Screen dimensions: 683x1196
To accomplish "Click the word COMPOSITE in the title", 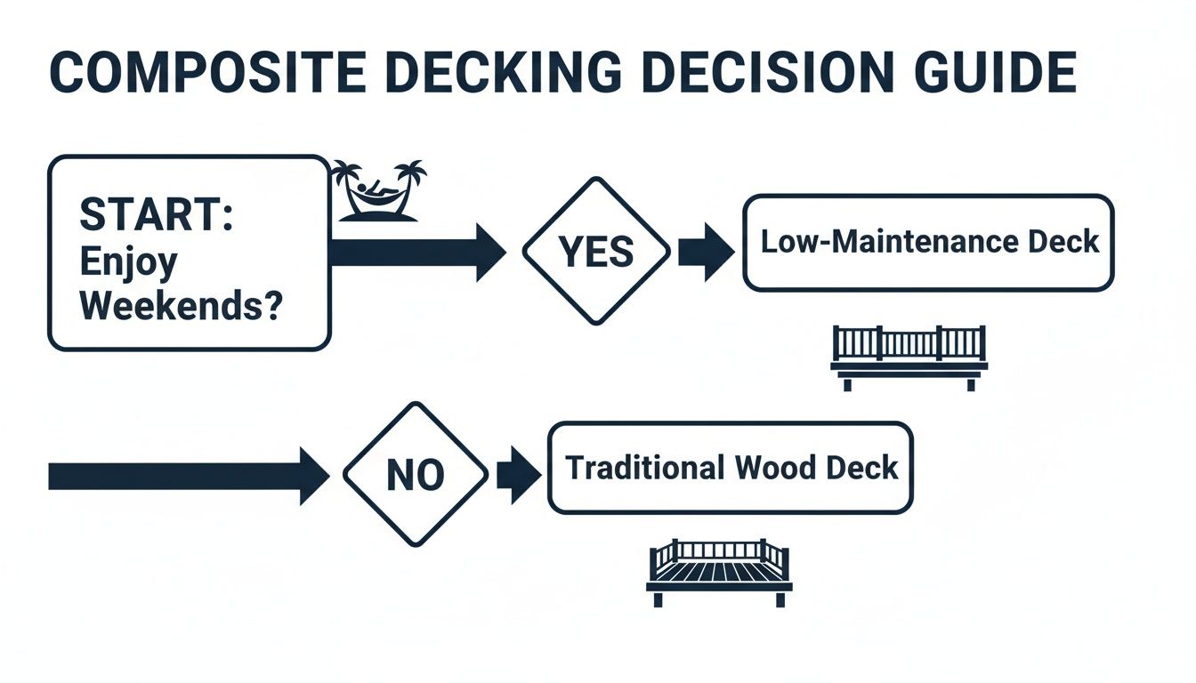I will coord(205,73).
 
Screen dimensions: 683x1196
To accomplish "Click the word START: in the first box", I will coord(157,215).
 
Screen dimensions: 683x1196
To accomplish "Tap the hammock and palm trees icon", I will coord(378,190).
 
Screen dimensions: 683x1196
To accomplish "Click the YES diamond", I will coord(595,253).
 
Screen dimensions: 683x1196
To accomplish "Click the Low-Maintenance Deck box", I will coord(928,243).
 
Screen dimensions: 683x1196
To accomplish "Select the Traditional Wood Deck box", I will coord(730,468).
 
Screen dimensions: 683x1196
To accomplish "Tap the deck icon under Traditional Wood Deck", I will coord(719,572).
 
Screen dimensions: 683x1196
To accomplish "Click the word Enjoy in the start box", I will coord(129,261).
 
